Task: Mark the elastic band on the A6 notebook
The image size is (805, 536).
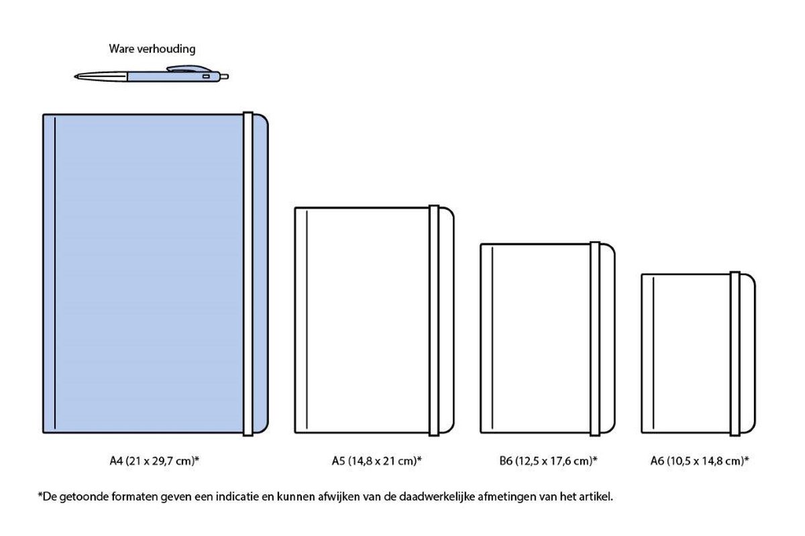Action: pos(735,353)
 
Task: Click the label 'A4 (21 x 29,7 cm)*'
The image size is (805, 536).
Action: pos(154,461)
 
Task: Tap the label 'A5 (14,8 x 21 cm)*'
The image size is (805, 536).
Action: pos(376,461)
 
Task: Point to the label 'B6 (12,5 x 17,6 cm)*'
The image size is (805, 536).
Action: pos(549,461)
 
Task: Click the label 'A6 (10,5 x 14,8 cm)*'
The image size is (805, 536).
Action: pos(700,461)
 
